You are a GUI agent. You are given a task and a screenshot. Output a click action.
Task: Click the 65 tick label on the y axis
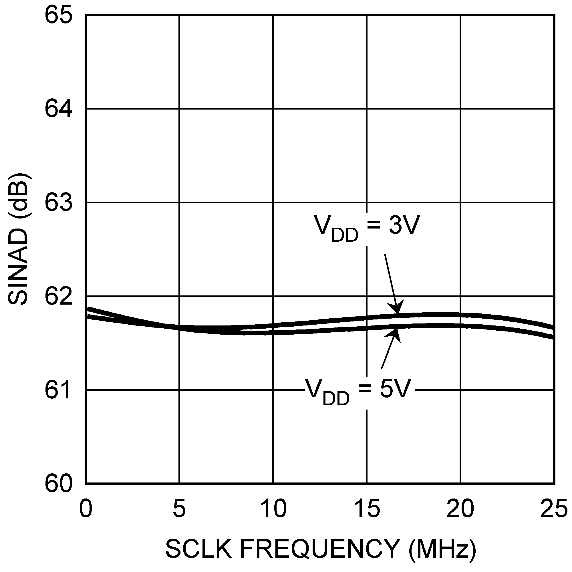click(58, 15)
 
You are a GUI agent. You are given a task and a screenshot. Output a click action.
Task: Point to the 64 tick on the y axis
click(58, 109)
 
